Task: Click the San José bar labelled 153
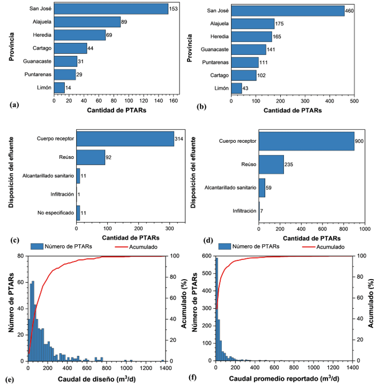pyautogui.click(x=111, y=9)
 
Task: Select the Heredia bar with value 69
pyautogui.click(x=80, y=35)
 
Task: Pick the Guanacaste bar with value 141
pyautogui.click(x=248, y=49)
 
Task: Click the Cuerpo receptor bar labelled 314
pyautogui.click(x=125, y=138)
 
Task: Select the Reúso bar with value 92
pyautogui.click(x=91, y=157)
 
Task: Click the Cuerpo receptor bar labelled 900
pyautogui.click(x=306, y=141)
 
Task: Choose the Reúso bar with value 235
pyautogui.click(x=271, y=164)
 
